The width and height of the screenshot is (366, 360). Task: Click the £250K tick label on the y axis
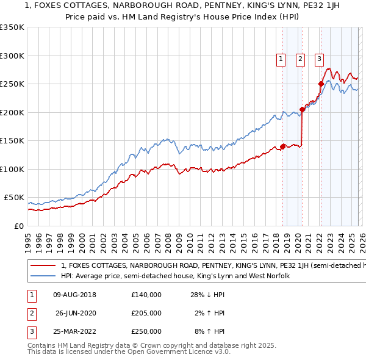click(12, 84)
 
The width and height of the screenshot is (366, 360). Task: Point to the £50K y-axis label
click(14, 198)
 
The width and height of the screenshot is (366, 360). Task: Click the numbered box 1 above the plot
click(281, 59)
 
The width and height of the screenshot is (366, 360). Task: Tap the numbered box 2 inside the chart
click(301, 59)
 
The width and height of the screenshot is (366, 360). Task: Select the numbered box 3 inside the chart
click(319, 59)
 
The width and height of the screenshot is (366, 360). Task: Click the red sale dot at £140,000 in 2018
click(283, 146)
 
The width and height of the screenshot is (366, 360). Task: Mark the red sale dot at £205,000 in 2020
click(302, 110)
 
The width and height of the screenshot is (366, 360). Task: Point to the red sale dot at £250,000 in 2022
click(321, 84)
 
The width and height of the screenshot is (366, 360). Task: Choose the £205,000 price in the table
click(146, 313)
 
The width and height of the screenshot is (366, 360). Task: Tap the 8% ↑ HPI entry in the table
click(209, 331)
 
